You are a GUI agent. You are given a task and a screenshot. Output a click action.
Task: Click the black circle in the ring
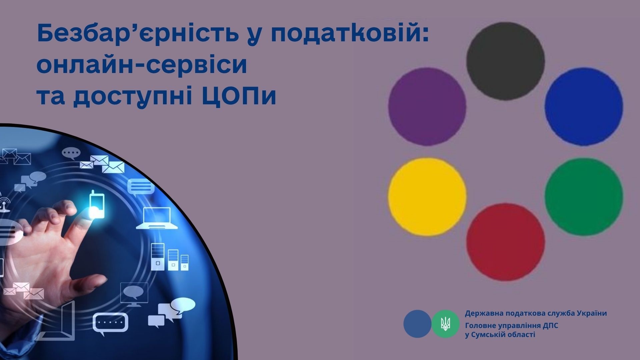coord(505,61)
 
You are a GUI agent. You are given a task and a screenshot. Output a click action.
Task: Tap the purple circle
coord(427,107)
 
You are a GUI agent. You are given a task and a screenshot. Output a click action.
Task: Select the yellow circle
coord(427,197)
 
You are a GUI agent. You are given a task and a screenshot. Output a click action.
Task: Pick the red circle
coord(505,242)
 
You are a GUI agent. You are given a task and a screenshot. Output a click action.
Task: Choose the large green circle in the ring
coord(584,197)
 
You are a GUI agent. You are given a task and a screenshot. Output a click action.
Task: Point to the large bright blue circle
coord(584,107)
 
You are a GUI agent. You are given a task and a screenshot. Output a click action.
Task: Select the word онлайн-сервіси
coord(142,65)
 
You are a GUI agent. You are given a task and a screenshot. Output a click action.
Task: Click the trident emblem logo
coord(445,324)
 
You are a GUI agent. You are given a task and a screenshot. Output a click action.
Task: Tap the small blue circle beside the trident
coord(417,324)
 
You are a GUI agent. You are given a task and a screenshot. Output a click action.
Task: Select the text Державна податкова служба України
coord(536,314)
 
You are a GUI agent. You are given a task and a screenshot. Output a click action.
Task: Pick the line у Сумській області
coord(500,335)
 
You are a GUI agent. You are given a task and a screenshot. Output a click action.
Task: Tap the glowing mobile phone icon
coord(97,204)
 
